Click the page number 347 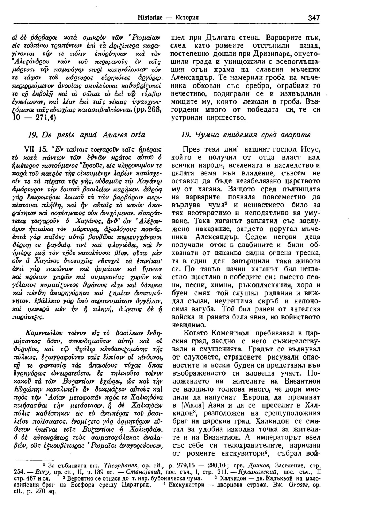pyautogui.click(x=314, y=17)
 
